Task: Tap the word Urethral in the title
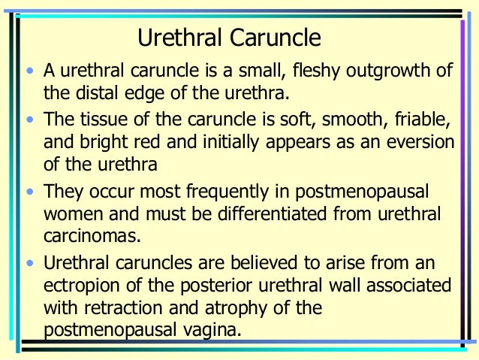coord(179,38)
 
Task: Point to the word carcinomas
coord(92,236)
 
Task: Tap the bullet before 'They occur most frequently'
coord(29,192)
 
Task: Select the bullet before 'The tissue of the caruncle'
coord(29,120)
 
